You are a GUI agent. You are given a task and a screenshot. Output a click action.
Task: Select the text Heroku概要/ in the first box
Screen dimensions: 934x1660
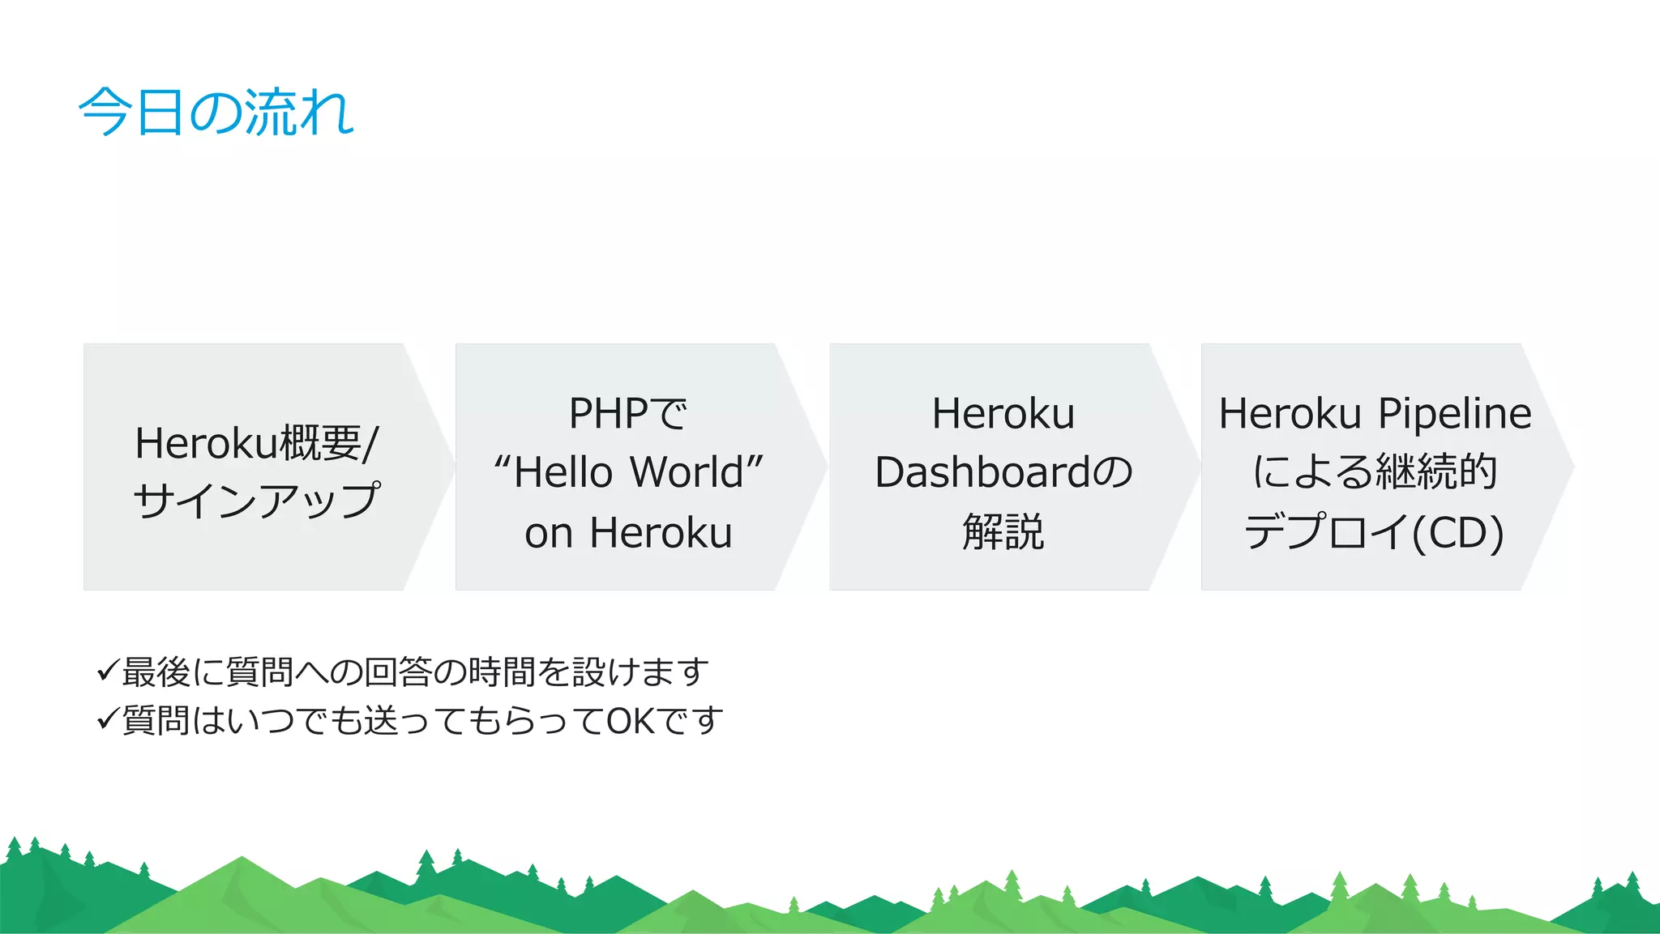(x=256, y=443)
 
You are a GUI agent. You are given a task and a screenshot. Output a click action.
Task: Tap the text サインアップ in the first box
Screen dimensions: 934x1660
(x=256, y=501)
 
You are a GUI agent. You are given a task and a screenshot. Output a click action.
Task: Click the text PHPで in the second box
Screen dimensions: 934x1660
(x=628, y=413)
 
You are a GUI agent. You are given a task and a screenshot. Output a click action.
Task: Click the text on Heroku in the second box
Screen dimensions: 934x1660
(x=628, y=533)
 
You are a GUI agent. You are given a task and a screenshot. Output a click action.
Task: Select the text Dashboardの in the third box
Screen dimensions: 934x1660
(x=1003, y=472)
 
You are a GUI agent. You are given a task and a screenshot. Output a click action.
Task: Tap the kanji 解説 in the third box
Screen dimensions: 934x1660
(x=1003, y=532)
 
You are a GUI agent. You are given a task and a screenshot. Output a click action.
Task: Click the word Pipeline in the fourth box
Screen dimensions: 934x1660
(x=1455, y=413)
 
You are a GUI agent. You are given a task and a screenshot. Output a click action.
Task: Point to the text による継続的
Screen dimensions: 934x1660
(x=1375, y=472)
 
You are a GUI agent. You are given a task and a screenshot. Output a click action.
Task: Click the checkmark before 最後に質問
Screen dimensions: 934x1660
(x=108, y=671)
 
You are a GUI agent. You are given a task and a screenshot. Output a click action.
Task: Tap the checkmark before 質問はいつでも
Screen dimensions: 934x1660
(x=108, y=719)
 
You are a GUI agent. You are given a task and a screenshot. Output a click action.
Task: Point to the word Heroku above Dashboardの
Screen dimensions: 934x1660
(x=1003, y=413)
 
